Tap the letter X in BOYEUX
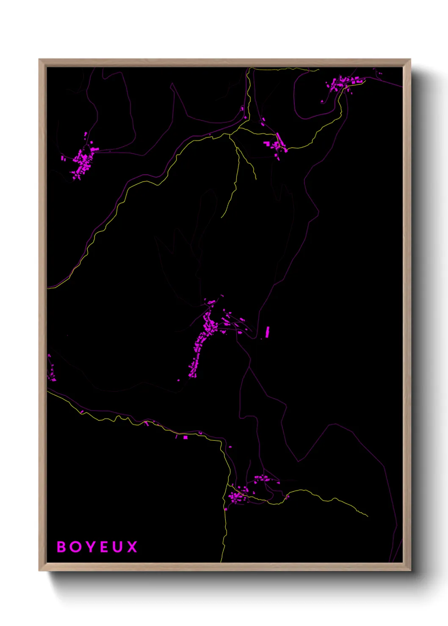point(133,547)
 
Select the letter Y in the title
point(90,547)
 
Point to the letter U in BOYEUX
point(118,547)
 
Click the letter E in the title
point(105,547)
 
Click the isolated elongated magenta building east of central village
point(268,332)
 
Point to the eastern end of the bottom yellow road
point(367,516)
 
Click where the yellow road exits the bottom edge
point(221,561)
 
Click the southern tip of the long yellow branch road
point(221,217)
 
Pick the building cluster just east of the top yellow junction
point(275,145)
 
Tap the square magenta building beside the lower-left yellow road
point(185,437)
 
